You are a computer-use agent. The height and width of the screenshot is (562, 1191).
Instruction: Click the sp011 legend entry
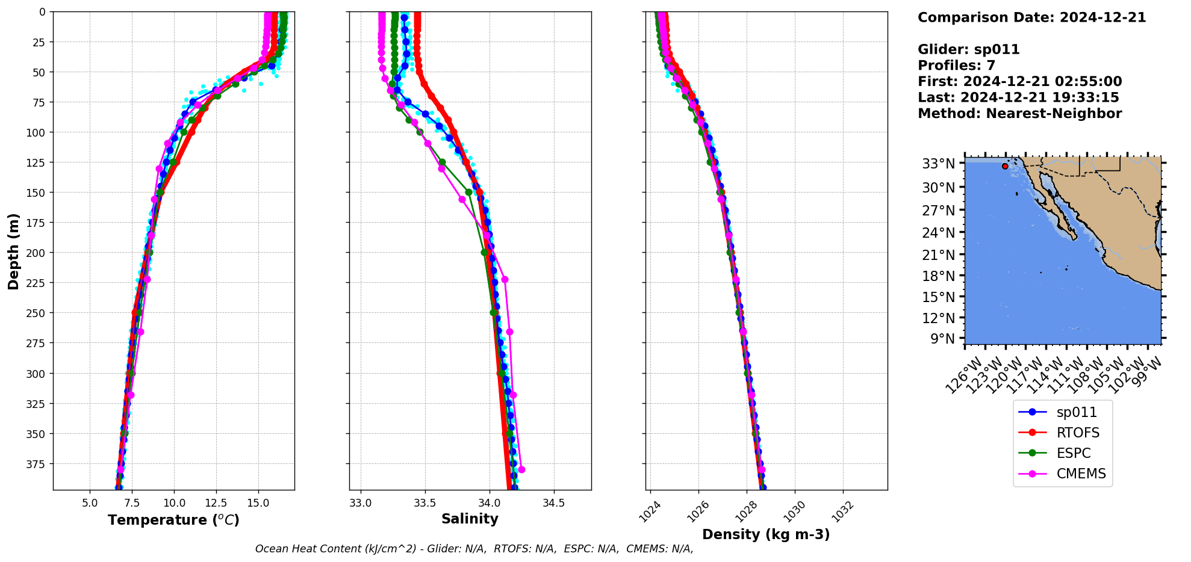tap(1063, 412)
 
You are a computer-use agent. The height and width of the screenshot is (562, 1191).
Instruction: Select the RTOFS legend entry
tap(1063, 433)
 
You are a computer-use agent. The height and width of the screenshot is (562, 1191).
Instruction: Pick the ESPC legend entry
tap(1063, 453)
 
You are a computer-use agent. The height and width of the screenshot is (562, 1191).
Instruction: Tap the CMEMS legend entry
tap(1063, 474)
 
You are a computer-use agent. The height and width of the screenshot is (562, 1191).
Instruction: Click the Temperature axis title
tap(173, 520)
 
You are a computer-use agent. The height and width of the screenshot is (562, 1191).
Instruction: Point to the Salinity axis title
tap(470, 519)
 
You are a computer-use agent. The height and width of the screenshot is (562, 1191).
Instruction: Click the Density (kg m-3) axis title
tap(766, 534)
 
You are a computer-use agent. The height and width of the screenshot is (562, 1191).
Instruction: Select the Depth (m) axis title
tap(13, 251)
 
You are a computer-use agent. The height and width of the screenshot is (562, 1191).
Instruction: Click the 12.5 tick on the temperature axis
tap(216, 502)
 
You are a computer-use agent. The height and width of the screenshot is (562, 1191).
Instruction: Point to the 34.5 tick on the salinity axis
tap(553, 502)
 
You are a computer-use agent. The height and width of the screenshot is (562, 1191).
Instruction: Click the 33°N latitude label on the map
tap(939, 164)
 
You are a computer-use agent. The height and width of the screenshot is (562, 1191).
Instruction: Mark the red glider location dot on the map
tap(1005, 166)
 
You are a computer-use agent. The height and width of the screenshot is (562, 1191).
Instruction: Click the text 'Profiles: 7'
tap(956, 66)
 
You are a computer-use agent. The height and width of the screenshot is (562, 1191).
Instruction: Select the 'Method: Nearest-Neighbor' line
tap(1019, 114)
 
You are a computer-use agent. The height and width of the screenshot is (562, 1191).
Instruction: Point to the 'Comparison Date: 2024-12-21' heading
tap(1031, 17)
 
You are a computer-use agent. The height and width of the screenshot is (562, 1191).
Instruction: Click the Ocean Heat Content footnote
tap(474, 549)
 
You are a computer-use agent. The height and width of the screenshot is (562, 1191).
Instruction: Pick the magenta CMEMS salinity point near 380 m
tap(521, 469)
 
